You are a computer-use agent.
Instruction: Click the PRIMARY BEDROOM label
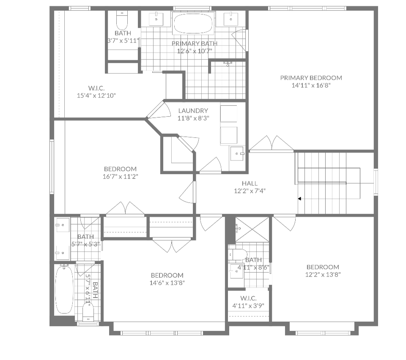click(x=311, y=78)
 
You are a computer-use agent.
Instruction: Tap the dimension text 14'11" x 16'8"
click(x=311, y=85)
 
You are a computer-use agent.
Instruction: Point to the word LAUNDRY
click(x=193, y=111)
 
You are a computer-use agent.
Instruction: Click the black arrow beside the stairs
click(x=299, y=198)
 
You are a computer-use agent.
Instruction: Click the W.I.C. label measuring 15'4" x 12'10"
click(x=96, y=88)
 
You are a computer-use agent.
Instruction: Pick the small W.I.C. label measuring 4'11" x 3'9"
click(x=248, y=298)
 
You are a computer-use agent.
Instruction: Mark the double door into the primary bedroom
click(x=271, y=143)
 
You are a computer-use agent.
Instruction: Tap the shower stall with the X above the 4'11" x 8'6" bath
click(x=252, y=229)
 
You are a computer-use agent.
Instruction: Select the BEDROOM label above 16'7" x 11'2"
click(x=120, y=169)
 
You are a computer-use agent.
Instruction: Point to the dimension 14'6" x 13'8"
click(x=167, y=283)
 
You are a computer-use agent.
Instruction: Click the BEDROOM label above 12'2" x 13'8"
click(x=323, y=267)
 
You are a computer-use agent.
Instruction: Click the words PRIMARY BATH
click(x=195, y=44)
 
